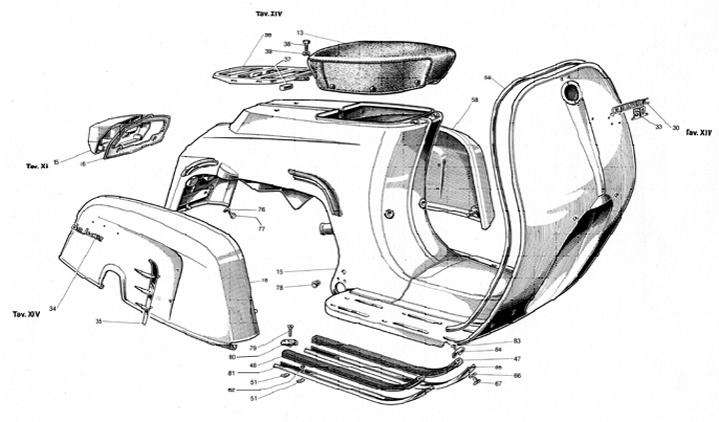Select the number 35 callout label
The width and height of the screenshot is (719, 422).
tap(99, 322)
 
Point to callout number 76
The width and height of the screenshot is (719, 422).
tap(262, 209)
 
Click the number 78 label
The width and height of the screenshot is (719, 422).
tap(280, 287)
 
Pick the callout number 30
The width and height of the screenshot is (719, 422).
tap(675, 127)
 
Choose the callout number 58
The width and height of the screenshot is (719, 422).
tap(474, 101)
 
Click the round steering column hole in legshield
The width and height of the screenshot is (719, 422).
tap(572, 94)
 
